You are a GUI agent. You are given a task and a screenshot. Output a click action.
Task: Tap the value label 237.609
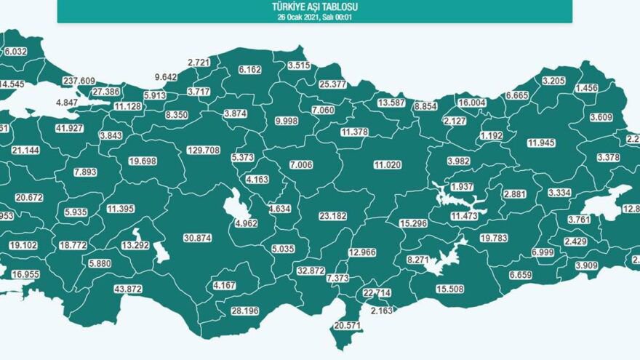point(79,81)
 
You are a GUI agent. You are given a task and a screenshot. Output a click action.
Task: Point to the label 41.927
point(49,129)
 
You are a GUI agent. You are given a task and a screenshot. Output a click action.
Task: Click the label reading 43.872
point(127,289)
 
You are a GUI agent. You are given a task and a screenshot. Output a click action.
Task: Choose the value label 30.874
point(198,239)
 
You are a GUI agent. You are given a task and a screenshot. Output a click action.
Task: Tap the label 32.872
point(311,271)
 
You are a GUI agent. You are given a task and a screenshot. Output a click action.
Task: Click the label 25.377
point(333,84)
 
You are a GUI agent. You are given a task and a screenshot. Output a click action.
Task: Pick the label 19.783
point(494,238)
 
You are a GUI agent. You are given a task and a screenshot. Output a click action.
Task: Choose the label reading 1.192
point(492,135)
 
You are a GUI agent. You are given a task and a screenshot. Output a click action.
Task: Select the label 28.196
point(245,312)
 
